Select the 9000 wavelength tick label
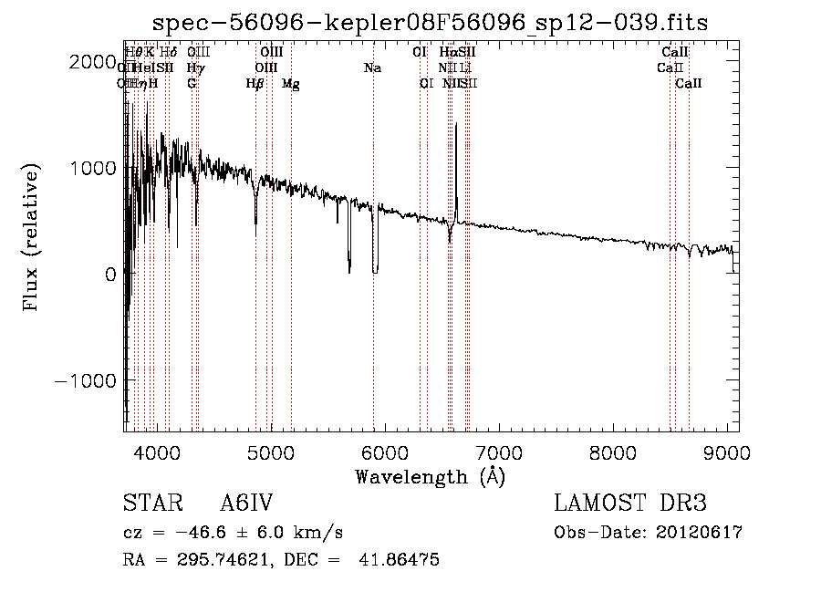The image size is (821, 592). [727, 450]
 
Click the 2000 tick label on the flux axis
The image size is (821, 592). [95, 62]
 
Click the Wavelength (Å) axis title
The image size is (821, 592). [430, 476]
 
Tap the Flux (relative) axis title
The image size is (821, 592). [33, 239]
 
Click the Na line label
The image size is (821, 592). [372, 68]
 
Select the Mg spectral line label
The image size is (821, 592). [291, 84]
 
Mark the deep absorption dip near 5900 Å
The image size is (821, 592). [375, 270]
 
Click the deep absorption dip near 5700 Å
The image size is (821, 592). [349, 270]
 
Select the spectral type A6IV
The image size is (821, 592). [246, 504]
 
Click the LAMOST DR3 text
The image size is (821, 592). [630, 504]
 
